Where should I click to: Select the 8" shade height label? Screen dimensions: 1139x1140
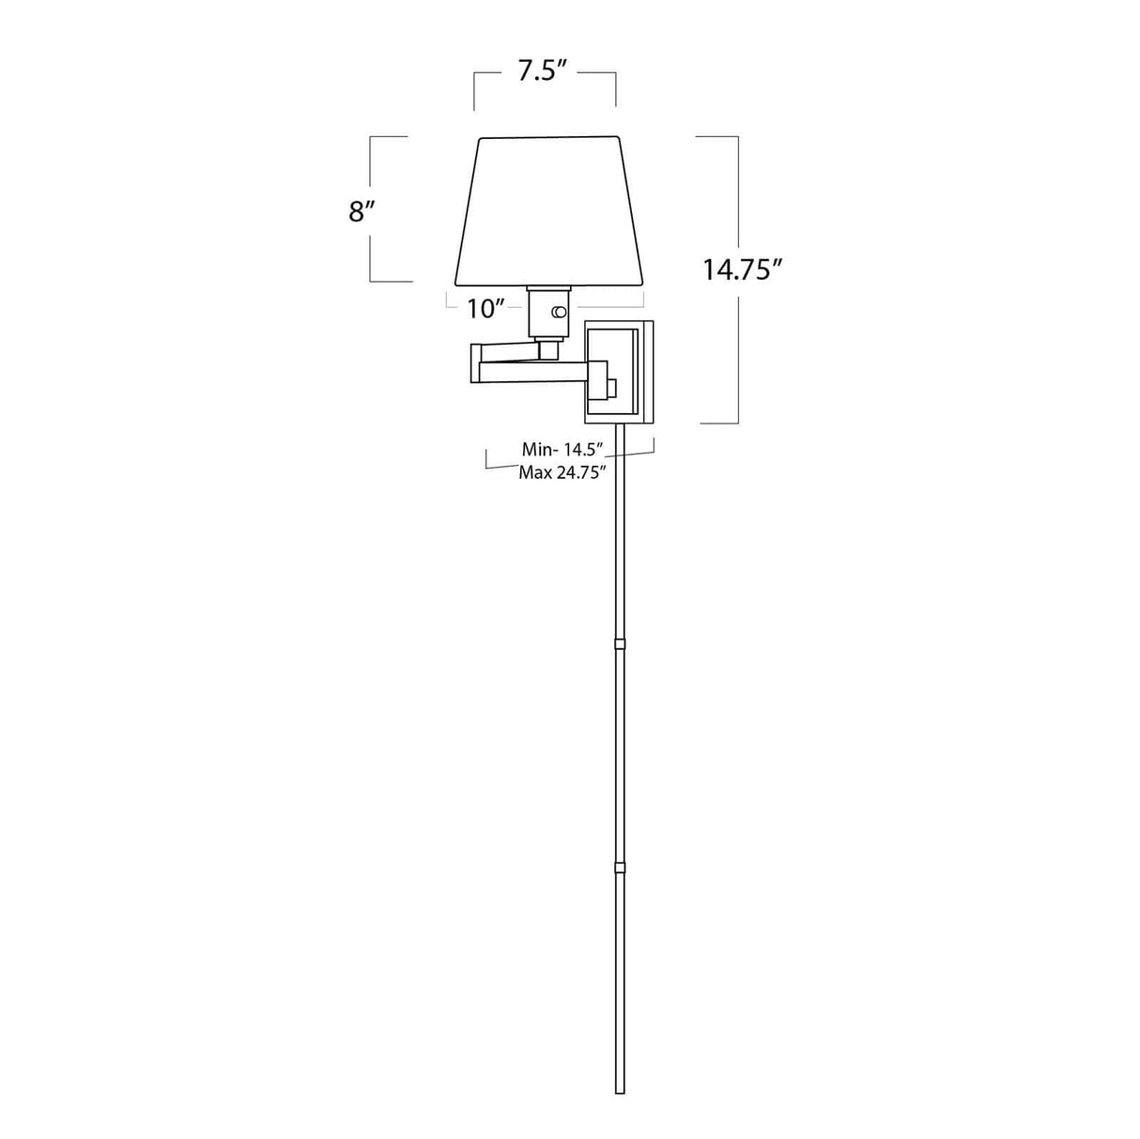[362, 211]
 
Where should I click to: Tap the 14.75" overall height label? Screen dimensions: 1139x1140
[743, 269]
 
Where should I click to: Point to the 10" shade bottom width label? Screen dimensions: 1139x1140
[486, 308]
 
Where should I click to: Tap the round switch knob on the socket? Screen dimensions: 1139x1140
[561, 312]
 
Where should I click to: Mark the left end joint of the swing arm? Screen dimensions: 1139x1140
[475, 365]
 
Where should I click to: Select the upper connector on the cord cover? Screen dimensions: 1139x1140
[619, 644]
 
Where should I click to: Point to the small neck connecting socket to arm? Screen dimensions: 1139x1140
[547, 349]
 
